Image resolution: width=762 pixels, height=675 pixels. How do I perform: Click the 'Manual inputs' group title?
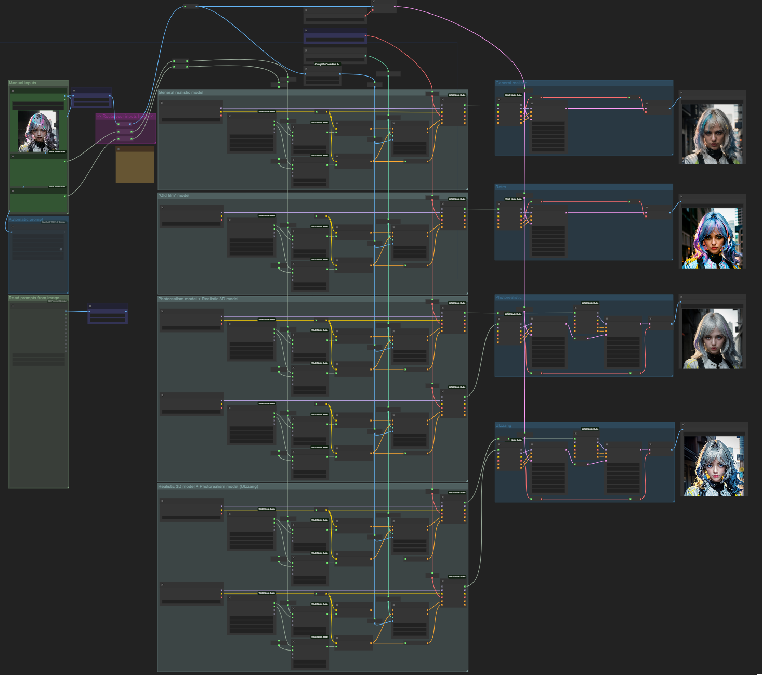(22, 83)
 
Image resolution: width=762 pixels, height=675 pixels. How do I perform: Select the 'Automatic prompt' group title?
(25, 220)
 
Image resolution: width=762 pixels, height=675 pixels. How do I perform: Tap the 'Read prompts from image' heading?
(34, 298)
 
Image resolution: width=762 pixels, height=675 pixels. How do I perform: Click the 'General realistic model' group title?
(180, 93)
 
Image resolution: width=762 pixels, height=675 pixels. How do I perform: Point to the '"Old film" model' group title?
(174, 196)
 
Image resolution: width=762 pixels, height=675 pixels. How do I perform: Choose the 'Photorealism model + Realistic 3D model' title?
(198, 299)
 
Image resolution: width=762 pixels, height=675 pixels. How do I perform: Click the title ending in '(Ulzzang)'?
(208, 487)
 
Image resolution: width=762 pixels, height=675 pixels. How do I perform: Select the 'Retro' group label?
(501, 187)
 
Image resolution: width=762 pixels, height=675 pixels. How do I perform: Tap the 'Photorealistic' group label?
(508, 298)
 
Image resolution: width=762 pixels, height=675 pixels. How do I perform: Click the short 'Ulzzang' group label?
(503, 426)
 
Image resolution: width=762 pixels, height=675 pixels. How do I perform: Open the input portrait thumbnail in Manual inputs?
(37, 132)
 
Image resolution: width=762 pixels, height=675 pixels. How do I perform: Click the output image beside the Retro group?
(712, 238)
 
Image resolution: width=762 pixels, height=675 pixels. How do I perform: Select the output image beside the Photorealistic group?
(712, 338)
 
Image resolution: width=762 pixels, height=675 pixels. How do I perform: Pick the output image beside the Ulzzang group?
(713, 466)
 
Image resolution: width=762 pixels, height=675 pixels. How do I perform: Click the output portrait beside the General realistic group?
(712, 134)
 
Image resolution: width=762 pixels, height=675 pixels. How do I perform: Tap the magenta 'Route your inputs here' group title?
(125, 117)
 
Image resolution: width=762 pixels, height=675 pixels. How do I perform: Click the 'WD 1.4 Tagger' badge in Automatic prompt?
(54, 222)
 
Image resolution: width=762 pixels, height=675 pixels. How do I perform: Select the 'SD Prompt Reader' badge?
(57, 301)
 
